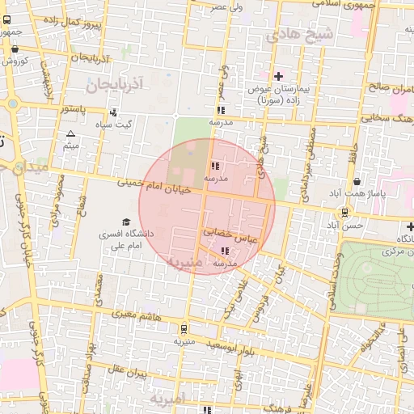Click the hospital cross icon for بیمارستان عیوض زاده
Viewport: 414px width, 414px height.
(x=279, y=75)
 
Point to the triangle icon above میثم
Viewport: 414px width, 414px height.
(x=71, y=133)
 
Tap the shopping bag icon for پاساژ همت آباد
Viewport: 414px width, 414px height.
(x=357, y=181)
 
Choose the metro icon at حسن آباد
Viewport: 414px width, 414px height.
(x=346, y=213)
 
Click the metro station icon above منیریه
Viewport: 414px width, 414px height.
(x=185, y=329)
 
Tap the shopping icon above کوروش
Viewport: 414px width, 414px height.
(x=15, y=49)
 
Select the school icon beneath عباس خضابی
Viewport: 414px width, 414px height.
(x=223, y=251)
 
